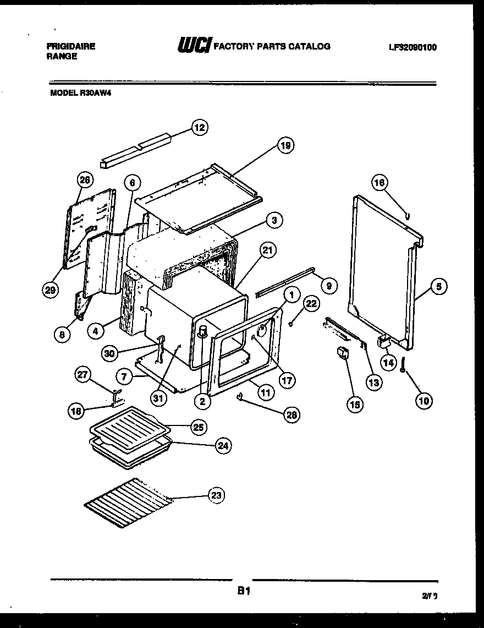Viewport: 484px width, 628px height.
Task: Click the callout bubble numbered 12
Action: [199, 128]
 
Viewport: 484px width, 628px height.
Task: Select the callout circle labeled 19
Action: [285, 145]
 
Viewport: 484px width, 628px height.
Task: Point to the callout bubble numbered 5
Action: [438, 286]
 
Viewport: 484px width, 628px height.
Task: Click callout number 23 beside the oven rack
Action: [216, 496]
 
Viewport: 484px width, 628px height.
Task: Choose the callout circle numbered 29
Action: [51, 291]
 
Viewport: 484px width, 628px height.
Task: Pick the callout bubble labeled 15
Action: [355, 405]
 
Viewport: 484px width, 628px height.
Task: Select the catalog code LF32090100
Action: [413, 47]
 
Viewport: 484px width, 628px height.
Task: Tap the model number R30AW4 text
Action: [83, 94]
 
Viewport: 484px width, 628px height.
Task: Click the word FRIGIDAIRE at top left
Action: [71, 47]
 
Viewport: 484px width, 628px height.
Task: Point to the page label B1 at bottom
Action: [244, 592]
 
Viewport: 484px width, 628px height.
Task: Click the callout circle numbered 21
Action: [267, 251]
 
